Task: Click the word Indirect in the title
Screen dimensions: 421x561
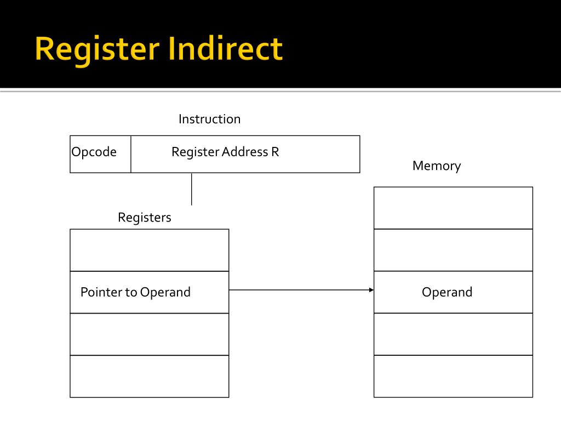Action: (226, 49)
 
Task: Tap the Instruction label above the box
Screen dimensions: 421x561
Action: (209, 119)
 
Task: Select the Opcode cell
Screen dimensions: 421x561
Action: (94, 152)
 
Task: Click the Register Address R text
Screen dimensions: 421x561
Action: (225, 152)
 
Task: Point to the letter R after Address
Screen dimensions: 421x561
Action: (275, 152)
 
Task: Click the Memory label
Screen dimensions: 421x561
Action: (437, 166)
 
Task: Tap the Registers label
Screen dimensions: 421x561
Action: (145, 218)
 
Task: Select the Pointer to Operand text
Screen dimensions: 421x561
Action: (135, 292)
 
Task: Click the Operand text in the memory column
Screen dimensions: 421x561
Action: (447, 292)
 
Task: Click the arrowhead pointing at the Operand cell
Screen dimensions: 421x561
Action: (371, 290)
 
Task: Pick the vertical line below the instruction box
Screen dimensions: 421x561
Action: (192, 189)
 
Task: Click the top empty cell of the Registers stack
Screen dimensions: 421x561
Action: (149, 250)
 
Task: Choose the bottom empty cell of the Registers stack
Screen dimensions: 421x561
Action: (149, 376)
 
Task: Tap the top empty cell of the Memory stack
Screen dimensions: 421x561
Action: (453, 208)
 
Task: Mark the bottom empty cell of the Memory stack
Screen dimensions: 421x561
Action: (453, 376)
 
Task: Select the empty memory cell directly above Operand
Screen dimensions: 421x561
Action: (453, 250)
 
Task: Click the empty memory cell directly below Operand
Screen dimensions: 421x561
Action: (453, 334)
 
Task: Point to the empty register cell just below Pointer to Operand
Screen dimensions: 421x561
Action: (149, 334)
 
